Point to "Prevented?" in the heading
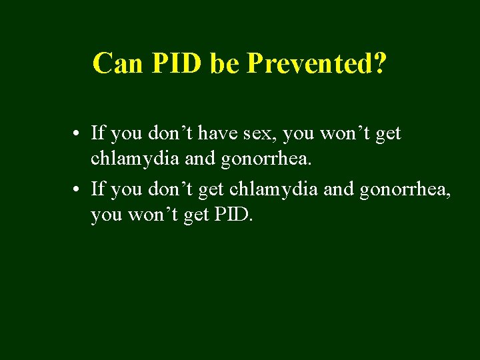pyautogui.click(x=317, y=63)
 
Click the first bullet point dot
pyautogui.click(x=78, y=134)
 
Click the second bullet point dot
pyautogui.click(x=78, y=189)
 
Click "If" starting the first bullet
pyautogui.click(x=98, y=133)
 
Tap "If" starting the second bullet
pyautogui.click(x=98, y=189)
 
